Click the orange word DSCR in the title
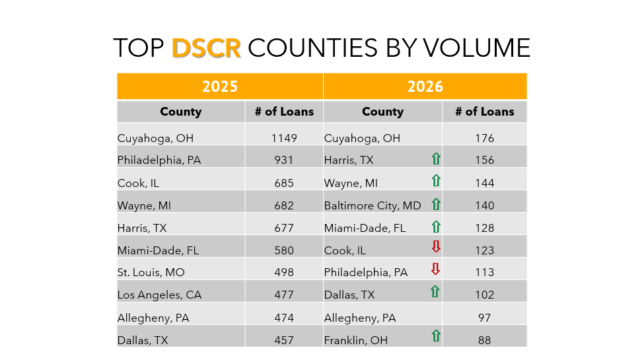(x=206, y=48)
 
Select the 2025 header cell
(x=220, y=87)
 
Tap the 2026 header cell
(x=425, y=87)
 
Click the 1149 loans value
(x=284, y=139)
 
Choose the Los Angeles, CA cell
(x=159, y=295)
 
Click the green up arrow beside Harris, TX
(x=436, y=159)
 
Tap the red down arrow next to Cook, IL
(x=436, y=247)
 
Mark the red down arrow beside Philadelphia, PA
(x=436, y=270)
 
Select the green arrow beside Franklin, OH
(x=436, y=336)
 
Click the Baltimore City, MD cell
(x=373, y=205)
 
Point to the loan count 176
(x=484, y=139)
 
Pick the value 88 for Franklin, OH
(x=484, y=340)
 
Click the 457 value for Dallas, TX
(x=284, y=340)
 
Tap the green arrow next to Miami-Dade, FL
(x=436, y=227)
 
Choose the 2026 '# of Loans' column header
(x=484, y=112)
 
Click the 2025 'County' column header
(x=180, y=112)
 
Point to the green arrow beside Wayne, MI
(x=436, y=181)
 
